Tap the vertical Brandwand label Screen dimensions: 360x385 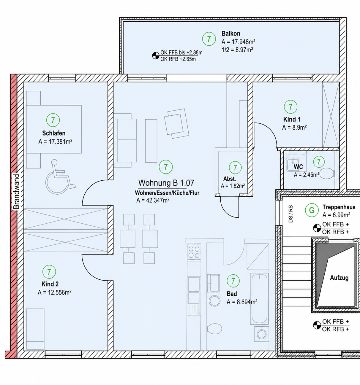[17, 192]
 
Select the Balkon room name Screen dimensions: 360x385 [231, 34]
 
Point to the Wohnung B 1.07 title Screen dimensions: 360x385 [166, 183]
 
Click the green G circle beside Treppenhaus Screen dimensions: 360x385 [312, 210]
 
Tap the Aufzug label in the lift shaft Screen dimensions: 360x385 [339, 278]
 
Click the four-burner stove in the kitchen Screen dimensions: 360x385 [194, 252]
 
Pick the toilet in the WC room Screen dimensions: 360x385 [327, 173]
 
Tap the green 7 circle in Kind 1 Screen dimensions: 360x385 [290, 107]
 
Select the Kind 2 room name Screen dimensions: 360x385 [50, 284]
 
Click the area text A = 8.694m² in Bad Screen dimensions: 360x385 [242, 302]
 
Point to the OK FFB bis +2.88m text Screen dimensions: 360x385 [181, 52]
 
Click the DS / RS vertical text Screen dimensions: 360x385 [291, 214]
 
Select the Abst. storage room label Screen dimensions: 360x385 [230, 179]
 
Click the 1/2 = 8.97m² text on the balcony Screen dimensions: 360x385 [237, 50]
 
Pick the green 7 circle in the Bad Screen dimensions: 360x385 [233, 281]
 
